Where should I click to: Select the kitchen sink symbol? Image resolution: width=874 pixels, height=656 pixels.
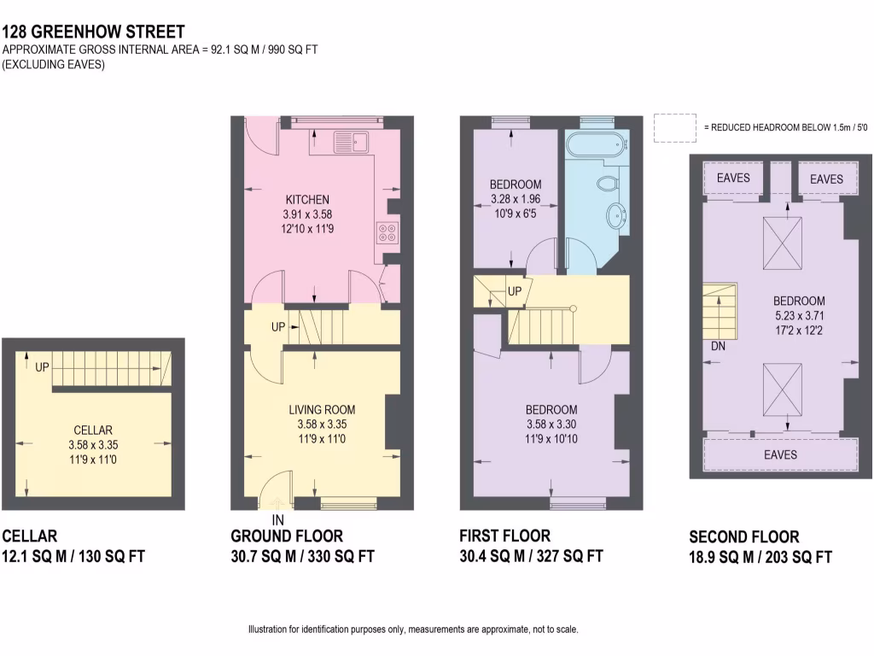(x=350, y=142)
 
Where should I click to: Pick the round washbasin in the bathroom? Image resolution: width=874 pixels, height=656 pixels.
(x=616, y=213)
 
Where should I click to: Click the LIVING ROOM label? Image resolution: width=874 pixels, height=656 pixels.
(x=322, y=410)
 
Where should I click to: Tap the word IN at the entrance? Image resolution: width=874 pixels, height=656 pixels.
(x=277, y=519)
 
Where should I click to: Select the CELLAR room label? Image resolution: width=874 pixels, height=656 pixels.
(x=91, y=430)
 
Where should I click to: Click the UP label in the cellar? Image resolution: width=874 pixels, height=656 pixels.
(x=43, y=367)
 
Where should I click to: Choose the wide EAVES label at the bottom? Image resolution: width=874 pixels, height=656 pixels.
(x=780, y=454)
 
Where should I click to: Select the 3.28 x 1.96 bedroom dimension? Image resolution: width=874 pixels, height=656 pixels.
(x=516, y=199)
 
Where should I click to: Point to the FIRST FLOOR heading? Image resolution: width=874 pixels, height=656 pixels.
(x=504, y=536)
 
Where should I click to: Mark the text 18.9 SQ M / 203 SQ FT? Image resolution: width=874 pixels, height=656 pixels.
(x=760, y=558)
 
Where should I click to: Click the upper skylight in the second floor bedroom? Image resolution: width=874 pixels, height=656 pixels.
(x=782, y=234)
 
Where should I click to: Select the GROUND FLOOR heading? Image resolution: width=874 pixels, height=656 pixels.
(x=287, y=536)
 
